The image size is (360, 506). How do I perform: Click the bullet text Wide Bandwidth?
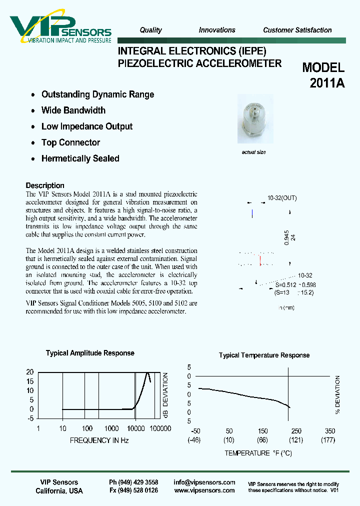[73, 110]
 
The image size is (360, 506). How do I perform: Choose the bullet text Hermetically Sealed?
[80, 158]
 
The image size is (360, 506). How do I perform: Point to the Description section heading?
[45, 185]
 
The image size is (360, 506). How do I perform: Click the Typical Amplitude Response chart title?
[90, 353]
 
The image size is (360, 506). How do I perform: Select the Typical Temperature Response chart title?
[264, 355]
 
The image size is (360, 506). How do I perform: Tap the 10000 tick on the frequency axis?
[135, 428]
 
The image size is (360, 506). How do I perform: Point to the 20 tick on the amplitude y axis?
[29, 372]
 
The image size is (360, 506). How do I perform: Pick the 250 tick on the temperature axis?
[296, 431]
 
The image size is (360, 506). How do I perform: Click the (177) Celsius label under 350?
[328, 440]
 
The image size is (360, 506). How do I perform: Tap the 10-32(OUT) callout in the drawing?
[282, 198]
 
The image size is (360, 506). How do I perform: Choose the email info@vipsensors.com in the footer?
[204, 482]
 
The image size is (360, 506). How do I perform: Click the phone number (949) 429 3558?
[133, 482]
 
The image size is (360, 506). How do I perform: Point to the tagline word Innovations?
[217, 30]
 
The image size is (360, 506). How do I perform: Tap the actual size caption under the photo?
[253, 152]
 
